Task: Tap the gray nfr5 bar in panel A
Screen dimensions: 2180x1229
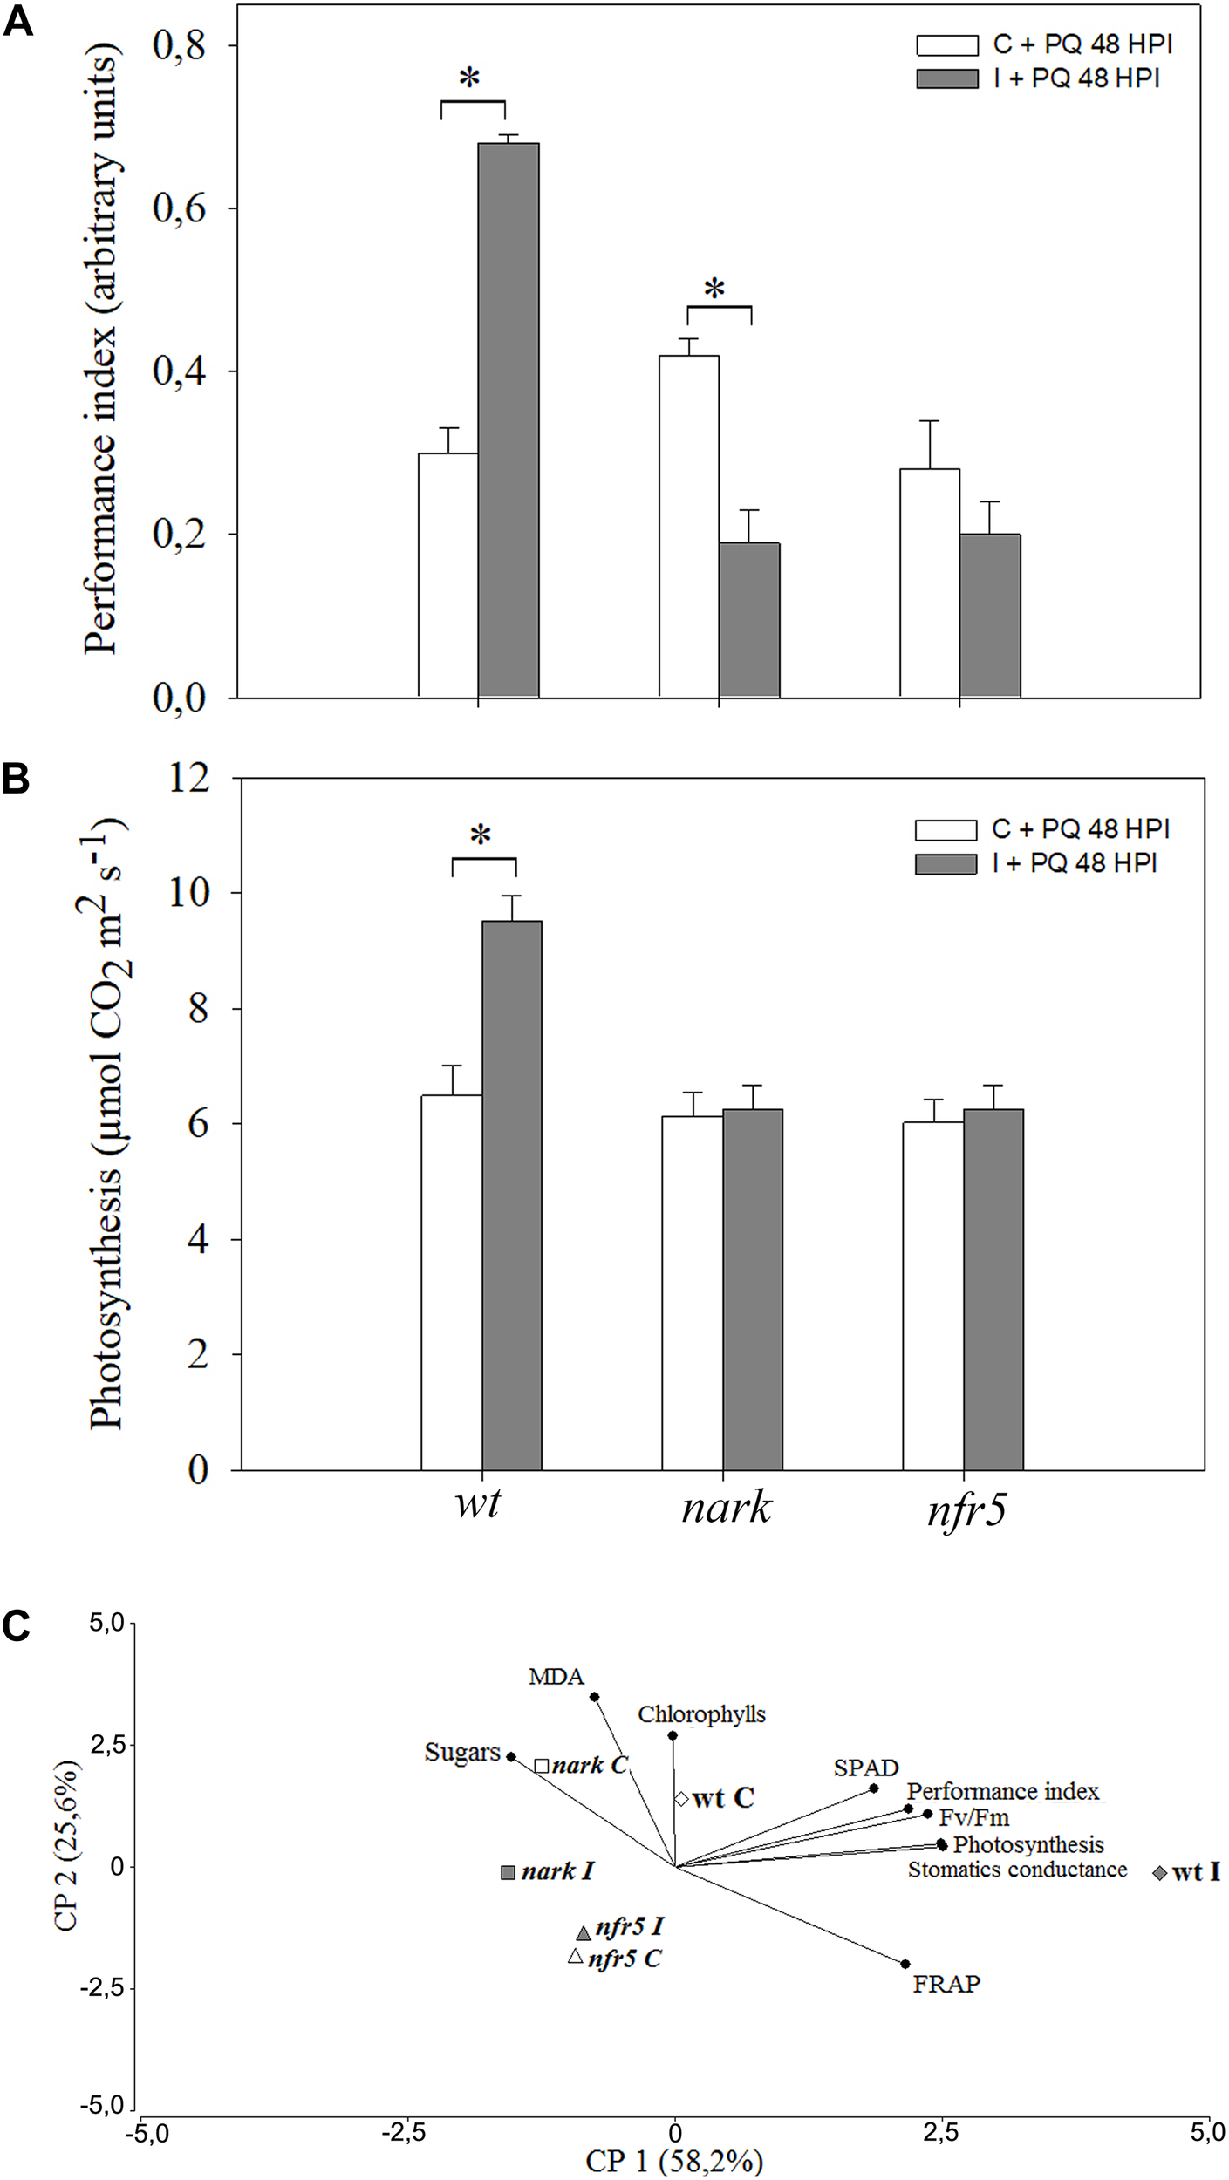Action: (990, 616)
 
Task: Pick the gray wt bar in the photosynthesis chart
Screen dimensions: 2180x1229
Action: (512, 1196)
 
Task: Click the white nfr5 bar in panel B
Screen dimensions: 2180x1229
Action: (932, 1296)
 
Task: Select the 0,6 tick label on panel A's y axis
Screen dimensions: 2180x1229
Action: (180, 209)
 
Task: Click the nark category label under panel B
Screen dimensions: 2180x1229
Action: (727, 1507)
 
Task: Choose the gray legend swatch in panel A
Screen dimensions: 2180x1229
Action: (946, 79)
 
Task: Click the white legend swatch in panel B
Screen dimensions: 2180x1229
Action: (945, 829)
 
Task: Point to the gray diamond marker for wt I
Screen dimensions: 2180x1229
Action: (1159, 1873)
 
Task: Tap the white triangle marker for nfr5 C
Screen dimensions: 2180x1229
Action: (575, 1956)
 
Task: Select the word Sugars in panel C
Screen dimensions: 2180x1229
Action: (462, 1752)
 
